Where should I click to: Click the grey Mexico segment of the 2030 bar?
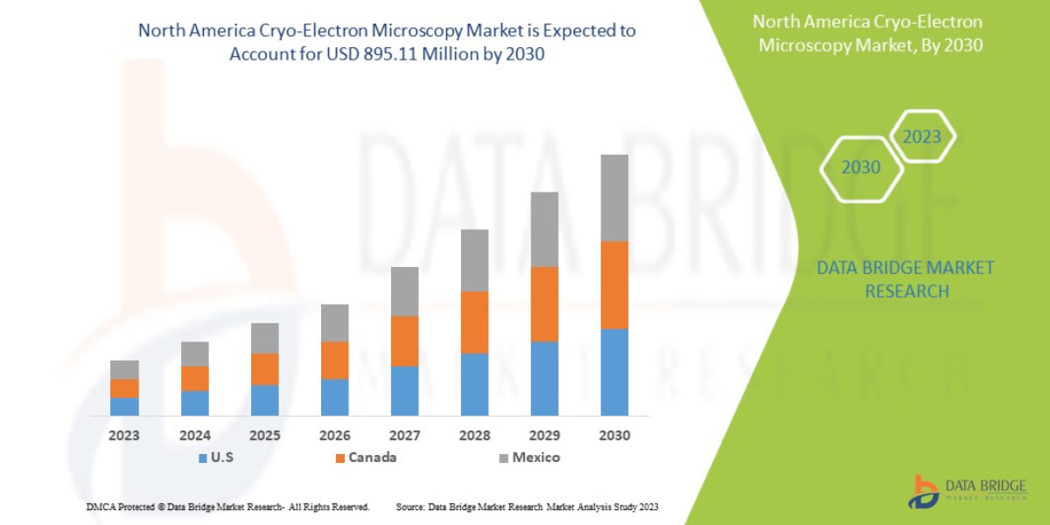pyautogui.click(x=614, y=198)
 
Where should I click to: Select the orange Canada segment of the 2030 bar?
pyautogui.click(x=614, y=284)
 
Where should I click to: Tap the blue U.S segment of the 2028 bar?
pyautogui.click(x=474, y=384)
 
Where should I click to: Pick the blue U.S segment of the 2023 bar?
pyautogui.click(x=124, y=406)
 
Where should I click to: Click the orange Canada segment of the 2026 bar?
pyautogui.click(x=334, y=360)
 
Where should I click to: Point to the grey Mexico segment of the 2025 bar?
pyautogui.click(x=264, y=338)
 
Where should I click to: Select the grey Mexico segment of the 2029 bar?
pyautogui.click(x=544, y=229)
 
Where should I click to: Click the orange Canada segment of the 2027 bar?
pyautogui.click(x=404, y=340)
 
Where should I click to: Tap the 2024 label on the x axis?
pyautogui.click(x=194, y=435)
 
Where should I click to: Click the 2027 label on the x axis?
pyautogui.click(x=404, y=435)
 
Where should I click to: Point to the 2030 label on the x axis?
pyautogui.click(x=614, y=435)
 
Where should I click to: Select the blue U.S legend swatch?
pyautogui.click(x=203, y=458)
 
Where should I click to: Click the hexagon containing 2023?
pyautogui.click(x=921, y=136)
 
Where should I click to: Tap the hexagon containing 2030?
pyautogui.click(x=861, y=167)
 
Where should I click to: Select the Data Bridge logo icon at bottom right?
pyautogui.click(x=923, y=492)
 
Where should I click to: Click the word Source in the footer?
pyautogui.click(x=410, y=507)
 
